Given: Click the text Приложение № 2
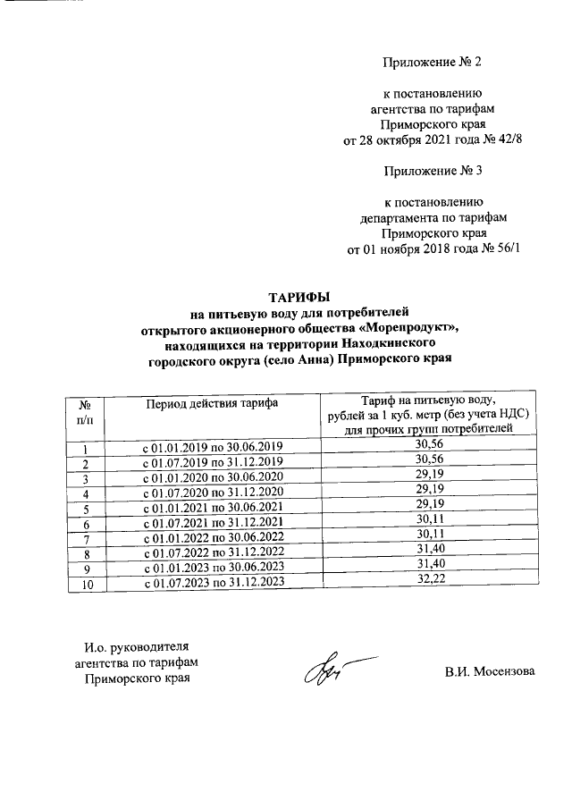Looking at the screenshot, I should pyautogui.click(x=432, y=62).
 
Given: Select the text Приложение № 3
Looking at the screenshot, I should pyautogui.click(x=432, y=170).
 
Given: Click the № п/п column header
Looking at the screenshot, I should pyautogui.click(x=85, y=411).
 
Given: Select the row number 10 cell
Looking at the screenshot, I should pyautogui.click(x=85, y=583).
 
